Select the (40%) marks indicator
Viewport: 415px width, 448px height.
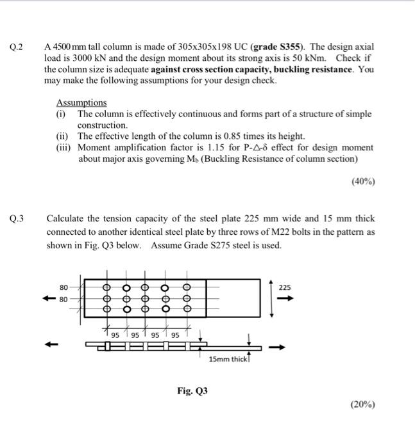363,181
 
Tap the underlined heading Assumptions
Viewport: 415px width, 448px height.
81,102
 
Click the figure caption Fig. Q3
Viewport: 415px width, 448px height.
193,390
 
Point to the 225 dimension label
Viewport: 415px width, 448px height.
285,288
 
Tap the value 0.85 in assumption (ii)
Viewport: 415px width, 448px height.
224,136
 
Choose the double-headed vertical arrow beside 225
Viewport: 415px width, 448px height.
273,298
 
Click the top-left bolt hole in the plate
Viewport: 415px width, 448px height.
108,287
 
